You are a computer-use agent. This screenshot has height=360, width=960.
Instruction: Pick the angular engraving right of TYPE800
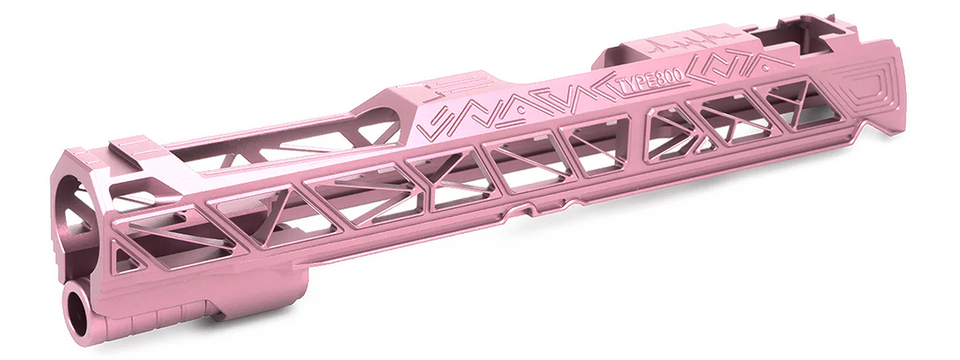pos(739,64)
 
